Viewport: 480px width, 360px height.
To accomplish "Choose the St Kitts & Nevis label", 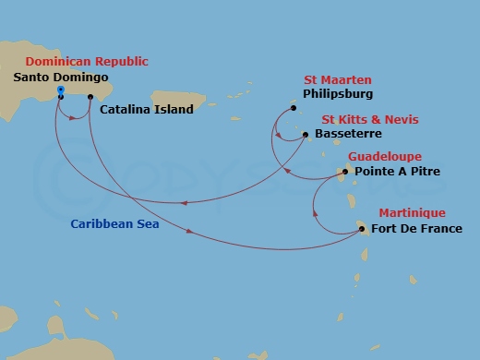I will point(369,120).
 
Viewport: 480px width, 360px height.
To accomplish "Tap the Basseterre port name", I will point(346,134).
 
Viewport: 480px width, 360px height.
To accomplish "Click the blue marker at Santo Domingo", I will point(60,90).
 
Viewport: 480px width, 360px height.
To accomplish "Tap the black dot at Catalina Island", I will point(90,97).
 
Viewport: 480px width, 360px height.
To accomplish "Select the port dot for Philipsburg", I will point(294,109).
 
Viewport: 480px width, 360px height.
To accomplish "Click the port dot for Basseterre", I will point(306,134).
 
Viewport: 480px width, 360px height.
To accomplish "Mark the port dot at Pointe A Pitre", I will point(346,172).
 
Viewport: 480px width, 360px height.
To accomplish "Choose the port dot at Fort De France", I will point(362,229).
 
